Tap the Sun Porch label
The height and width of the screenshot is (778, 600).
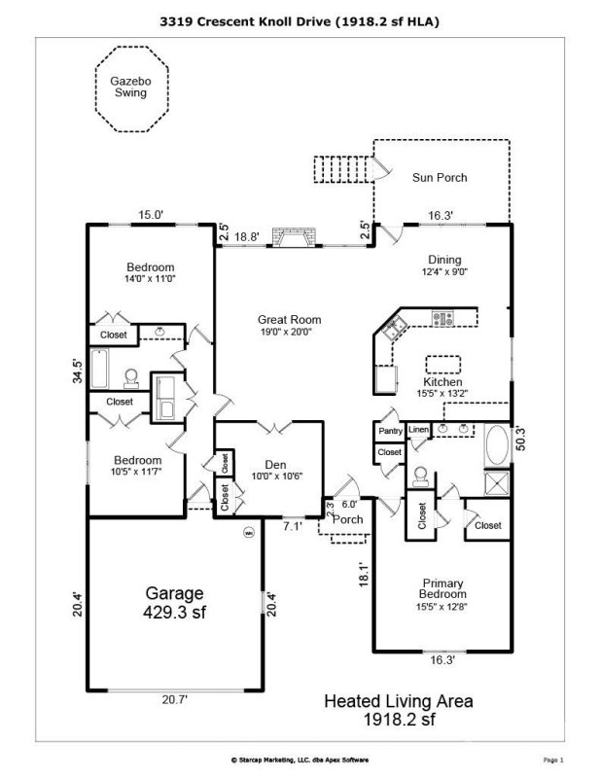tap(439, 178)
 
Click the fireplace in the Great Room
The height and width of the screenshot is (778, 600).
tap(294, 238)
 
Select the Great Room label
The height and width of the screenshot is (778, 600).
tap(289, 326)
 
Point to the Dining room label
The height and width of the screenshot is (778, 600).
tap(444, 266)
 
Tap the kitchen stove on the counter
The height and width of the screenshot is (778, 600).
tap(443, 318)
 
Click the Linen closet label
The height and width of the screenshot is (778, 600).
tap(418, 430)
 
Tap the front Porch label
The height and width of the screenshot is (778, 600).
tap(348, 519)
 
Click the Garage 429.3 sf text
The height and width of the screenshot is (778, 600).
tap(175, 602)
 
